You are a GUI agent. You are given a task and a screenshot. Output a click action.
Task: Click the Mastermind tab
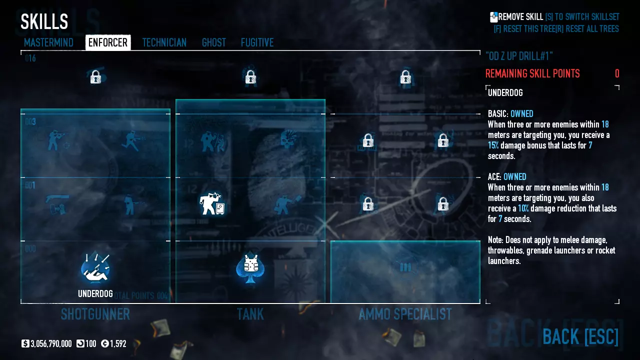(48, 42)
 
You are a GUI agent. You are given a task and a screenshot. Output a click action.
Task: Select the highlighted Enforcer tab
(108, 42)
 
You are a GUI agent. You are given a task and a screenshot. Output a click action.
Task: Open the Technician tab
(164, 42)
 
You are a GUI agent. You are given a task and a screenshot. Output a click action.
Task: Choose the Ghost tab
(213, 42)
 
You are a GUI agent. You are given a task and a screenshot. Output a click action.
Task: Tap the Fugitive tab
(257, 42)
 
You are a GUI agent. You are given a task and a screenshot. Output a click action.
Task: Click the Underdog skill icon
(95, 268)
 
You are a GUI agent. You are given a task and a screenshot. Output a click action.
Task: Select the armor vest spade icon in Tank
(250, 268)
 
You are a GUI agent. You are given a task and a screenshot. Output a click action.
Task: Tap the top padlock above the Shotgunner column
(95, 77)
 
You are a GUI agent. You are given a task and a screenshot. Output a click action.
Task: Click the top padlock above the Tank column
(250, 77)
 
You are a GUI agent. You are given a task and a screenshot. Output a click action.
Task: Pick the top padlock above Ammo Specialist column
(405, 77)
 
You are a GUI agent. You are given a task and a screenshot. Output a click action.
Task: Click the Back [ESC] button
(580, 336)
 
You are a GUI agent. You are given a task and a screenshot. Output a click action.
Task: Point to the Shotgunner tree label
(95, 314)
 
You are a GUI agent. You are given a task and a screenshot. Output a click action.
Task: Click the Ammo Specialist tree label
(405, 314)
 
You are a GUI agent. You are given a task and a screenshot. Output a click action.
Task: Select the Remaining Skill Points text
(532, 74)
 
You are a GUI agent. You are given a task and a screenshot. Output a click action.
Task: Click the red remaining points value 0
(617, 74)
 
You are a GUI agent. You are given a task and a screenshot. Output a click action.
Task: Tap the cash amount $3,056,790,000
(50, 343)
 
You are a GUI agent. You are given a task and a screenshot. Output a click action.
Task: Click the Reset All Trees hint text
(591, 29)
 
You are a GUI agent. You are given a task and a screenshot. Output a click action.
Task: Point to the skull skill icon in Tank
(288, 140)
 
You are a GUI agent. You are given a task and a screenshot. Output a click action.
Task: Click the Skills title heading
(44, 21)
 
